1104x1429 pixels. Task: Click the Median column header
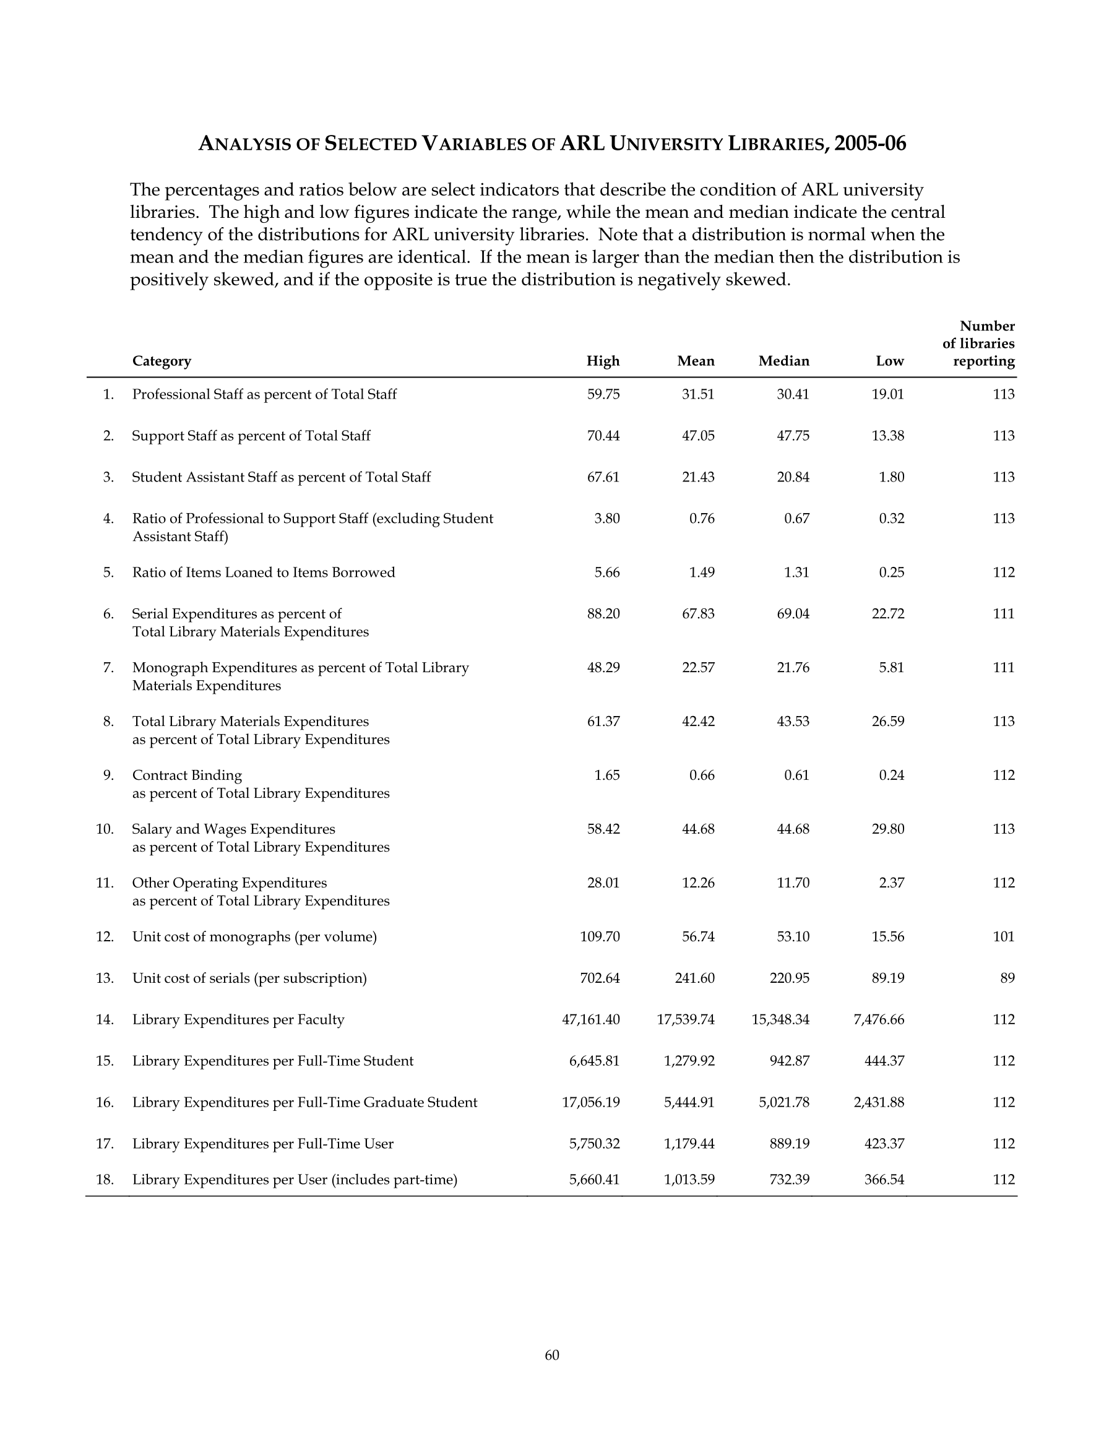pos(783,361)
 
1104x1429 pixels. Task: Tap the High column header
pos(603,361)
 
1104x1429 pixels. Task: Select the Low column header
pos(890,361)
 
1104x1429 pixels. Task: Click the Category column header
pos(162,361)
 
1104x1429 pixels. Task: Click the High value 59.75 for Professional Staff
pos(603,395)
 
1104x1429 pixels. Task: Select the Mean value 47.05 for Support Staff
pos(697,436)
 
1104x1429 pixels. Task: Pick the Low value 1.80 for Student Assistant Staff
pos(891,477)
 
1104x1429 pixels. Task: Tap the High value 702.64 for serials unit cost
pos(600,978)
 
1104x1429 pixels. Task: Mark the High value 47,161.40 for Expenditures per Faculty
pos(590,1019)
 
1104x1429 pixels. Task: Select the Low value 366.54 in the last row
pos(884,1180)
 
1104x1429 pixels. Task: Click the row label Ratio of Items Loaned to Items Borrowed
pos(264,572)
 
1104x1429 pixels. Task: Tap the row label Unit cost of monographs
pos(254,937)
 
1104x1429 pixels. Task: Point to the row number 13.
pos(105,978)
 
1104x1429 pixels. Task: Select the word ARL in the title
pos(582,144)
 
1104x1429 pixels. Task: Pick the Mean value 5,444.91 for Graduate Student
pos(688,1102)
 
